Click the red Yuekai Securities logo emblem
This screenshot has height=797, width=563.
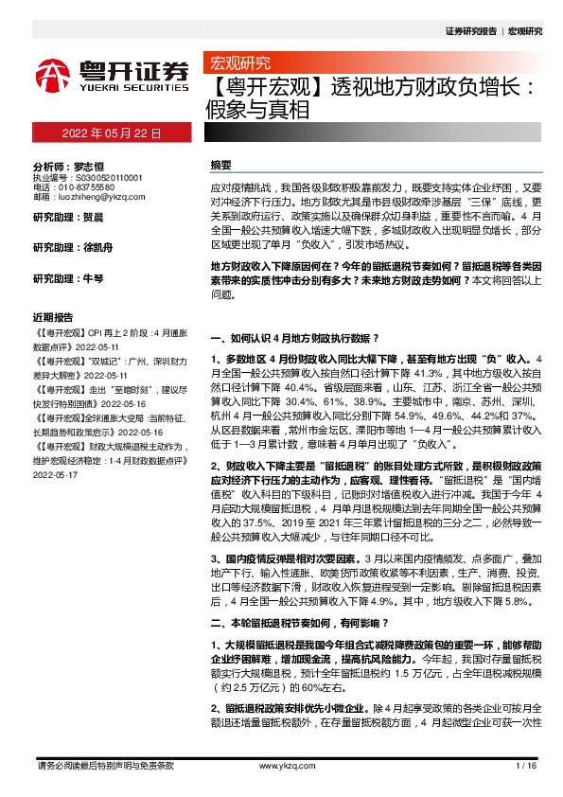click(53, 74)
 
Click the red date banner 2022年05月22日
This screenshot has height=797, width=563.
click(110, 134)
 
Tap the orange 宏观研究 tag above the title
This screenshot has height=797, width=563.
click(239, 63)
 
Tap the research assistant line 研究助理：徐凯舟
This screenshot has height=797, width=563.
click(66, 248)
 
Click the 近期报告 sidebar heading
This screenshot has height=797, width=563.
click(53, 316)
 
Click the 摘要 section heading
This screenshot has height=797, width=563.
click(220, 165)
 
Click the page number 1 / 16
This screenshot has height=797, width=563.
click(526, 765)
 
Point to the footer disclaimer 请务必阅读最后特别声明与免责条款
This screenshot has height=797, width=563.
click(104, 765)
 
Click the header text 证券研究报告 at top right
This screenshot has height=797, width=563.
click(470, 31)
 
